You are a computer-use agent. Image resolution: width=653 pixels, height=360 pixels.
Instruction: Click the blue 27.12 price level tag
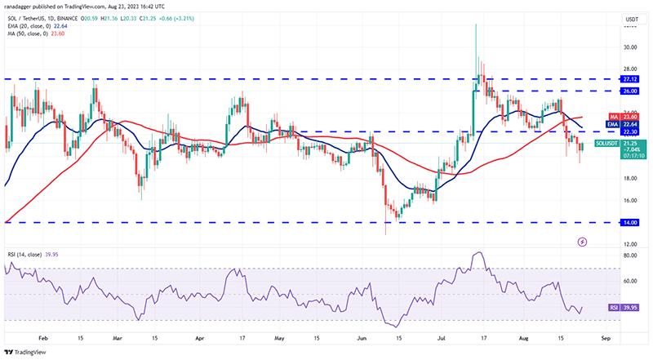tap(630, 79)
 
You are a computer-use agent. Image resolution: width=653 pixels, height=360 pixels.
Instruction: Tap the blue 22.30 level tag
tap(630, 131)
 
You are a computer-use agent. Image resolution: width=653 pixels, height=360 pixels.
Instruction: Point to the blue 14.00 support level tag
tap(630, 222)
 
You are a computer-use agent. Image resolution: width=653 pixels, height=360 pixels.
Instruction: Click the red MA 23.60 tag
tap(630, 117)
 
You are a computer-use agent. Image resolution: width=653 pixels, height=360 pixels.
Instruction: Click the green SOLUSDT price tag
tap(630, 144)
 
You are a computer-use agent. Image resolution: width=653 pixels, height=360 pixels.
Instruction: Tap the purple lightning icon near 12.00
tap(582, 242)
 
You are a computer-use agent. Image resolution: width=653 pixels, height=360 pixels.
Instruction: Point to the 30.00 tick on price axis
tap(630, 47)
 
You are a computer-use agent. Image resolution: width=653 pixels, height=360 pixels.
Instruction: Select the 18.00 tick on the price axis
tap(630, 178)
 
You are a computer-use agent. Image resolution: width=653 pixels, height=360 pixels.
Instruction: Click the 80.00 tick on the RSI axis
tap(630, 256)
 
